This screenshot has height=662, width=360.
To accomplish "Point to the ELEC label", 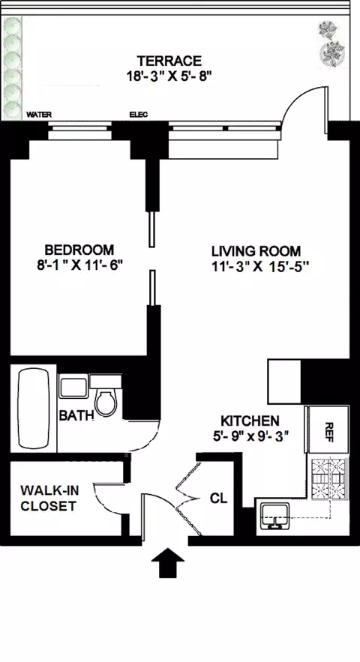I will (x=139, y=115).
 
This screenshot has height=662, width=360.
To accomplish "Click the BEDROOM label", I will (x=79, y=250).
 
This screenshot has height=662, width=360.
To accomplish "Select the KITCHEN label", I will (x=250, y=421).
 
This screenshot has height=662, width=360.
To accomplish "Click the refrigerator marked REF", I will (x=327, y=430).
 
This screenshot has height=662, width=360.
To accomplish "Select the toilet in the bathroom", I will (x=106, y=401).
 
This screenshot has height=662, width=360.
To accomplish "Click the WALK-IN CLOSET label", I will (x=48, y=498).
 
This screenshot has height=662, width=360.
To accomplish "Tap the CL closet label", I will (x=218, y=498).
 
